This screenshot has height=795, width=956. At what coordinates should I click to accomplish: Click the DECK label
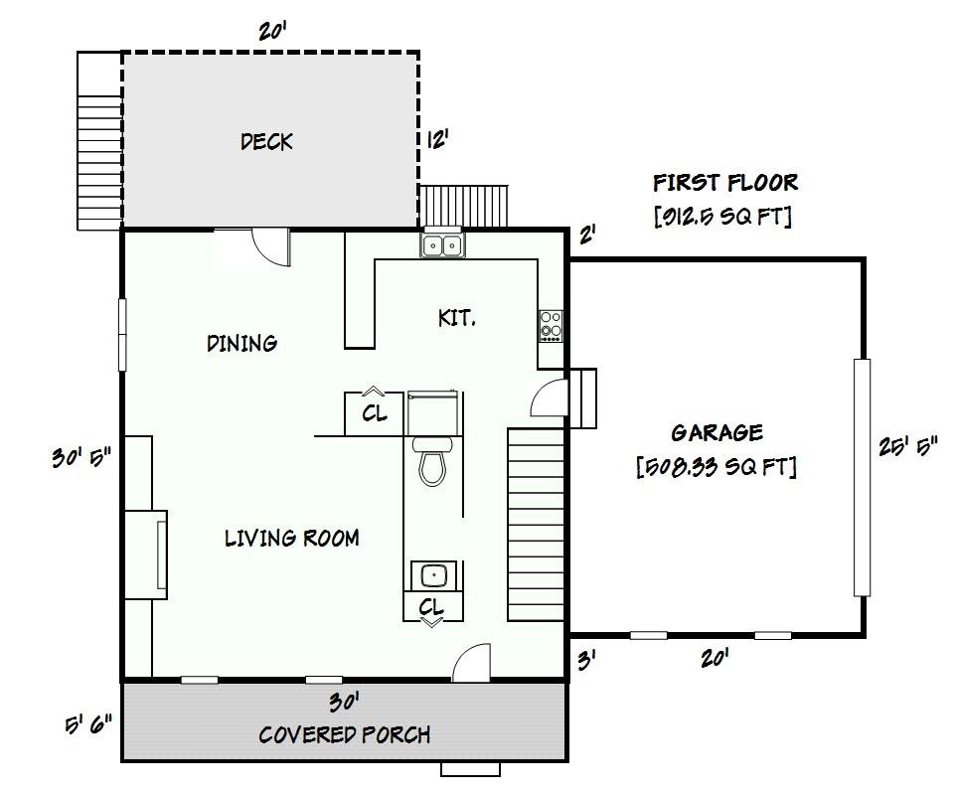[266, 142]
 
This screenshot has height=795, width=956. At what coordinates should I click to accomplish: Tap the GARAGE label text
[717, 432]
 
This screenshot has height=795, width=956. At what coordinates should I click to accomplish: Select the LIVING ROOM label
[291, 539]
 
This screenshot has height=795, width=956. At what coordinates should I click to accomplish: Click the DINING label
[241, 344]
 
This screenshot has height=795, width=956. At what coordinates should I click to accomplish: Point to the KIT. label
[456, 318]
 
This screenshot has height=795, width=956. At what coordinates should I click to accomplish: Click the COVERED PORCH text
[345, 735]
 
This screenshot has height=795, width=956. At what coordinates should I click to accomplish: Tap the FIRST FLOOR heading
[724, 183]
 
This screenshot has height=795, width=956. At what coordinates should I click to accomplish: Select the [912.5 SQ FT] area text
[722, 217]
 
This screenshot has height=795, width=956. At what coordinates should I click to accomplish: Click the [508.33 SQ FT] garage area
[717, 466]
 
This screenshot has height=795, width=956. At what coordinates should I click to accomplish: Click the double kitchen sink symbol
[442, 244]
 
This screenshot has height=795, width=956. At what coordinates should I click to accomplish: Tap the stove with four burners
[551, 325]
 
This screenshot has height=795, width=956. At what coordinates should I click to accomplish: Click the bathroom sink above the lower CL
[433, 575]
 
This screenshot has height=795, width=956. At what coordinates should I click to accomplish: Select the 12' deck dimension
[437, 140]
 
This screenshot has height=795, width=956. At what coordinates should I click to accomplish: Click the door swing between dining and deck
[269, 246]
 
